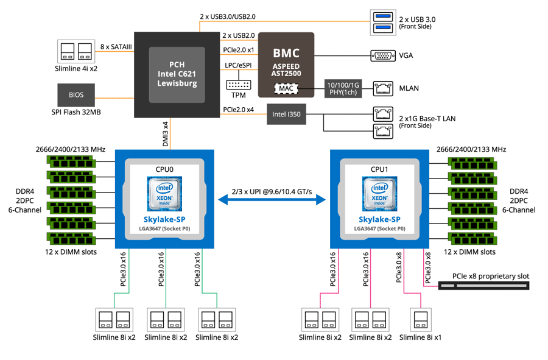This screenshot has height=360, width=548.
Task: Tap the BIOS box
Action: (x=77, y=96)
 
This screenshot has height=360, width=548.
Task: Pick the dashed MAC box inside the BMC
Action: (x=286, y=89)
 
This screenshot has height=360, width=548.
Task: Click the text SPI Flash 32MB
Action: (x=77, y=113)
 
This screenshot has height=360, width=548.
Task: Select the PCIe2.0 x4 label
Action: (x=239, y=110)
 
